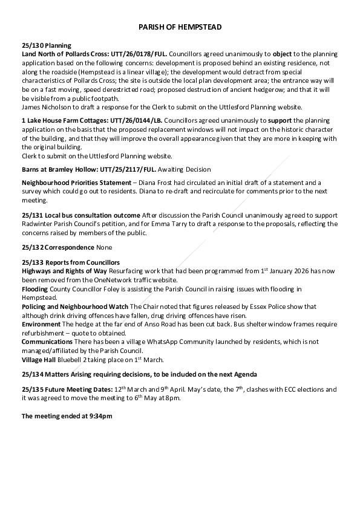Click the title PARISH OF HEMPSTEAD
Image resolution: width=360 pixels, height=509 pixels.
[x=180, y=27]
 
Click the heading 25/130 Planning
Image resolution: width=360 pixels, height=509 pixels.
[x=47, y=45]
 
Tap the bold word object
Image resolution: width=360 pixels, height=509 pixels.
[x=282, y=54]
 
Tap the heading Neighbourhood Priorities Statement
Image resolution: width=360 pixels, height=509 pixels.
[x=76, y=183]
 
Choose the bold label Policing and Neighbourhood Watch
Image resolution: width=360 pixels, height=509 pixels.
[x=74, y=307]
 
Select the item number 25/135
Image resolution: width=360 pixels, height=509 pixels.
[x=31, y=389]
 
